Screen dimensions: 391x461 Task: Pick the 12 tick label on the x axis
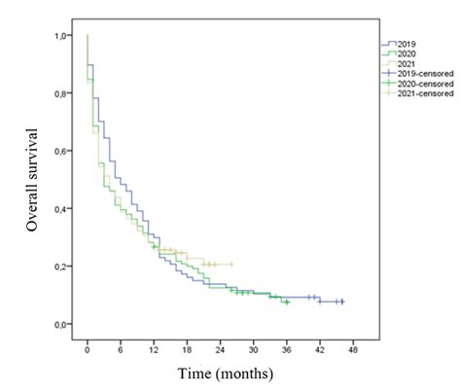(153, 347)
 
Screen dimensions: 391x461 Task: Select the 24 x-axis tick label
(219, 347)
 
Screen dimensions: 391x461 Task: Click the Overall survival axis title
(34, 179)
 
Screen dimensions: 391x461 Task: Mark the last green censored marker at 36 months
(286, 302)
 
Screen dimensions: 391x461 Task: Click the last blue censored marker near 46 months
(341, 302)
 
